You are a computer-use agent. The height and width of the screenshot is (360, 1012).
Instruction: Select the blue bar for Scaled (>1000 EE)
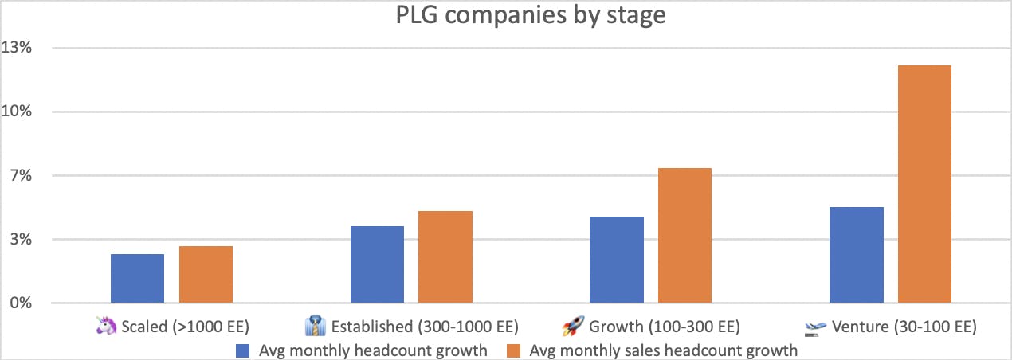click(x=137, y=279)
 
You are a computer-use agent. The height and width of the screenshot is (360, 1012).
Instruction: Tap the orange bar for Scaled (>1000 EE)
click(x=206, y=275)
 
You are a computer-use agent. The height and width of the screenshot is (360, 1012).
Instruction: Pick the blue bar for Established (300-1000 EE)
click(x=377, y=264)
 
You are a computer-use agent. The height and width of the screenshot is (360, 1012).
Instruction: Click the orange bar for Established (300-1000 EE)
click(x=445, y=257)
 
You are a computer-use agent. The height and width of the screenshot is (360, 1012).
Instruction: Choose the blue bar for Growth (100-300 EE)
click(x=617, y=260)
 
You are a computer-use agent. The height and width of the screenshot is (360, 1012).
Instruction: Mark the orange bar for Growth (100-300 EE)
click(x=684, y=236)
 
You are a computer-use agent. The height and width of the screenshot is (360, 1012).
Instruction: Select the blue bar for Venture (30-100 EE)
click(x=857, y=255)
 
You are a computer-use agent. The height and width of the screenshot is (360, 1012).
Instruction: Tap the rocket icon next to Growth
click(x=574, y=326)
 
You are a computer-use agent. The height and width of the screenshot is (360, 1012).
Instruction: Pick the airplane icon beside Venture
click(x=814, y=327)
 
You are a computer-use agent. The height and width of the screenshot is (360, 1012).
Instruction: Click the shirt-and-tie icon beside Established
click(x=316, y=326)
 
